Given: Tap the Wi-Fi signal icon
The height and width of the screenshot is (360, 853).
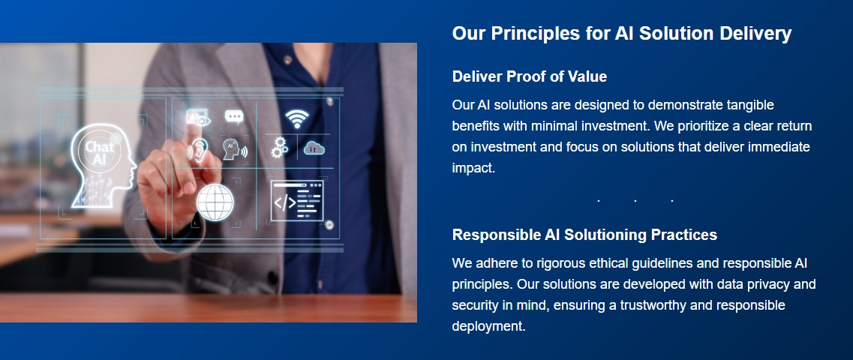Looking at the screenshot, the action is click(x=297, y=118).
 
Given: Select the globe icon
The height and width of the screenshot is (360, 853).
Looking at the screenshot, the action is click(x=215, y=202).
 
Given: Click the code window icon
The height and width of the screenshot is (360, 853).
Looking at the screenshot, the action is click(x=297, y=201).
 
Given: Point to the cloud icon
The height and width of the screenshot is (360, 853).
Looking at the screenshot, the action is click(x=314, y=147).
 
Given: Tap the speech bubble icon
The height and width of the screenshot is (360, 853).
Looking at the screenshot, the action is click(x=235, y=116).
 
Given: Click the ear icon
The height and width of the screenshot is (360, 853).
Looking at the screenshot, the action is click(x=199, y=149).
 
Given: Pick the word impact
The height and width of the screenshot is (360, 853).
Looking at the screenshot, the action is click(x=473, y=169).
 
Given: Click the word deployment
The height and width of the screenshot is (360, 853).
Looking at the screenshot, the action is click(x=488, y=327).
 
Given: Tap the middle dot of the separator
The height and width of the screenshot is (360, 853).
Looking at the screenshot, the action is click(x=635, y=201).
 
